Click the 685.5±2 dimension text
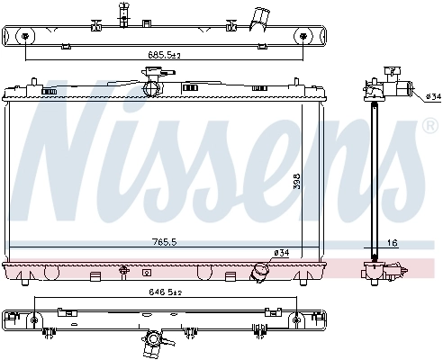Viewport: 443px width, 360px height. pos(165,56)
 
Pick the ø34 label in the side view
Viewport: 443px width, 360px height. pos(432,96)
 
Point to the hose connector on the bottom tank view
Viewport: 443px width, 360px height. pos(155,343)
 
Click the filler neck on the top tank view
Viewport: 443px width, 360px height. pos(120,14)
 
